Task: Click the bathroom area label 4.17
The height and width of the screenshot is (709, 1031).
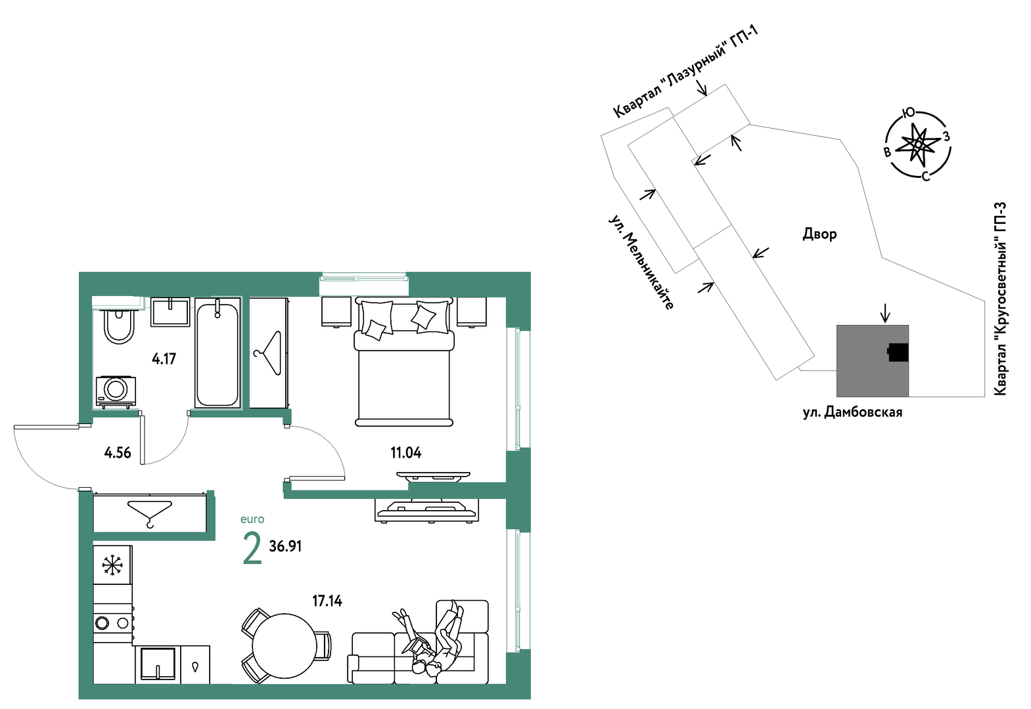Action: coord(164,358)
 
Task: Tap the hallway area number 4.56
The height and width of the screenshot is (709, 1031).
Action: coord(118,453)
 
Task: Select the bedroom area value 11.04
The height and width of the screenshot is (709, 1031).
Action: coord(406,453)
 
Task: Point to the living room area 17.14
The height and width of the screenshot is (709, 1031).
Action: coord(327,601)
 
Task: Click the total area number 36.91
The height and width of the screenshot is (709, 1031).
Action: coord(285,546)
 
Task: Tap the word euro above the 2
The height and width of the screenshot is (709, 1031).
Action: coord(252,519)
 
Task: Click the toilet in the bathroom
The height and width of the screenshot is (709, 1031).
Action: coord(119,326)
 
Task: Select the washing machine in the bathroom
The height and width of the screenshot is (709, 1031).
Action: coord(116,391)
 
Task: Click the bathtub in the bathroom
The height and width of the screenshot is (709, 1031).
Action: coord(218,353)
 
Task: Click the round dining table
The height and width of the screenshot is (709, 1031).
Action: coord(285,643)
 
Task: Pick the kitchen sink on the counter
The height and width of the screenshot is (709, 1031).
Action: coord(158,664)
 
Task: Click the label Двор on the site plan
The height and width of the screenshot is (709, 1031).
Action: coord(819,234)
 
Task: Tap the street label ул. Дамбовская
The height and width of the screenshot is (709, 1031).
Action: coord(852,412)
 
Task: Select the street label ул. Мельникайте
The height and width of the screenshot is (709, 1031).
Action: coord(641,262)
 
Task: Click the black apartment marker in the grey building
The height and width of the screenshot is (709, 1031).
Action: coord(898,353)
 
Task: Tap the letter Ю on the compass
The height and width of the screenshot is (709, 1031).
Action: coord(909,112)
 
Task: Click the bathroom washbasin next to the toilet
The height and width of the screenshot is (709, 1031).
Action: coord(170,312)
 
